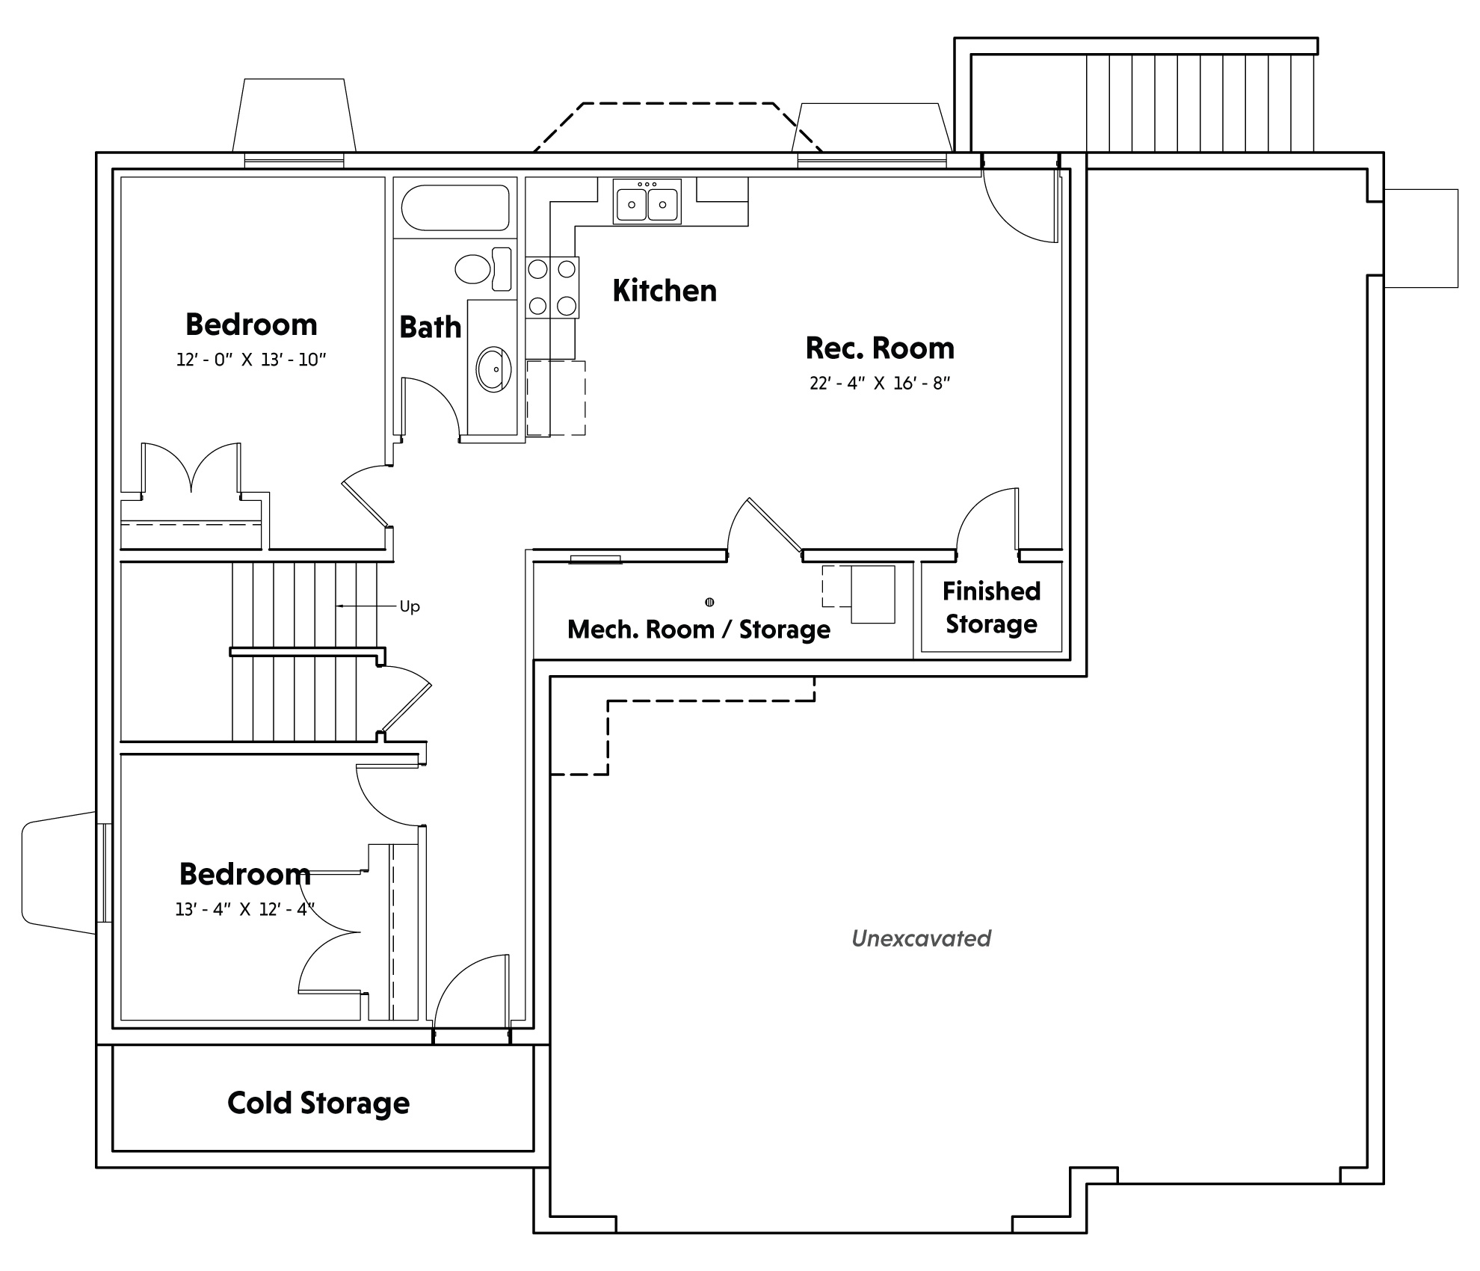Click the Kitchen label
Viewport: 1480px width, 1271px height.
click(665, 291)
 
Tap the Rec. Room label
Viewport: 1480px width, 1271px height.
click(880, 348)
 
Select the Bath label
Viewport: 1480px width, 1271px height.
click(430, 327)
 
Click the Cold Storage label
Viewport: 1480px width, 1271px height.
click(318, 1103)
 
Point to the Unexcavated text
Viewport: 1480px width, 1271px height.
click(921, 938)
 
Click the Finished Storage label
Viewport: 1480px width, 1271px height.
click(991, 608)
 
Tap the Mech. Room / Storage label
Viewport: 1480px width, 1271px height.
click(699, 630)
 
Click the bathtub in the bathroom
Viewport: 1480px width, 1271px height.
click(455, 208)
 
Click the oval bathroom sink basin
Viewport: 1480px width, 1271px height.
click(494, 369)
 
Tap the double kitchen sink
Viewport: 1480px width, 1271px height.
click(647, 201)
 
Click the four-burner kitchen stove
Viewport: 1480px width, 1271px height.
click(552, 288)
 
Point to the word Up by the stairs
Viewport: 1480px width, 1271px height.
click(410, 606)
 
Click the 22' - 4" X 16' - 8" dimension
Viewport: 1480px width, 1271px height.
click(880, 384)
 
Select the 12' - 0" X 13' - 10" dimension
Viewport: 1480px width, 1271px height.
click(251, 360)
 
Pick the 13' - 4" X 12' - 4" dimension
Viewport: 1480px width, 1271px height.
click(245, 910)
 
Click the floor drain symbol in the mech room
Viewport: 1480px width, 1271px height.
click(709, 602)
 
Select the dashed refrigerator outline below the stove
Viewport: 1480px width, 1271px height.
click(556, 398)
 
